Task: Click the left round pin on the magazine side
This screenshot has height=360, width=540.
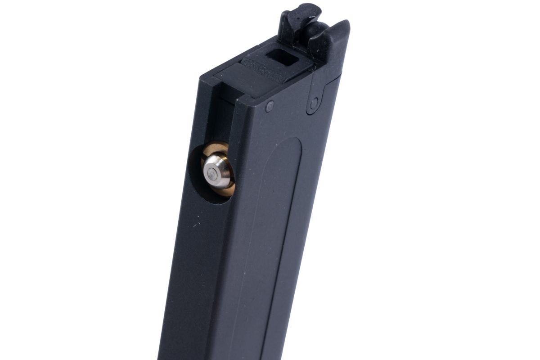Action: coord(270,106)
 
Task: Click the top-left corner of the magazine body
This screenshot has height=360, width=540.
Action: coord(202,79)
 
